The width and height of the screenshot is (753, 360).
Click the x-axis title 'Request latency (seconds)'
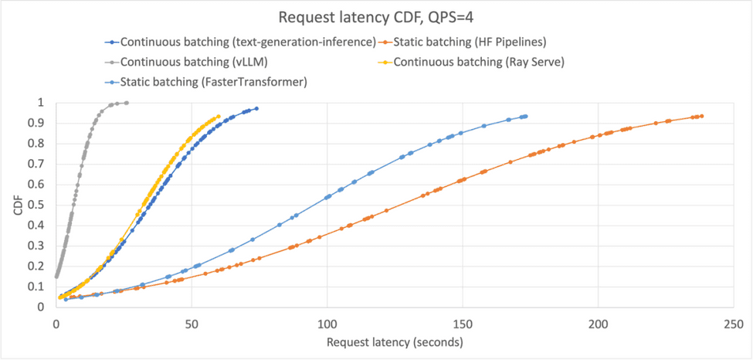(395, 341)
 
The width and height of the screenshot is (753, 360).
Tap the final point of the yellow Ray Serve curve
(219, 117)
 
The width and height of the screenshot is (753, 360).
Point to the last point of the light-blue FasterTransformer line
(526, 116)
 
